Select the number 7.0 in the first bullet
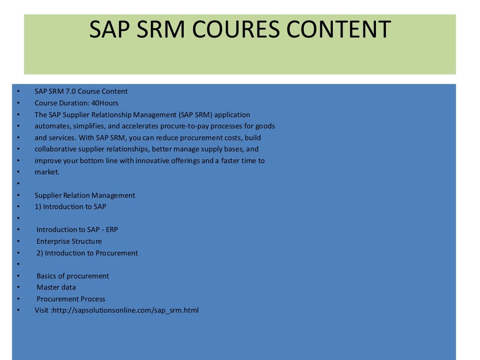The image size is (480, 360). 71,91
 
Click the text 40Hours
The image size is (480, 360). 105,103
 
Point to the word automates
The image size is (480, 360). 52,126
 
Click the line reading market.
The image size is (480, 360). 47,172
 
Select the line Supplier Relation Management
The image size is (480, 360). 85,195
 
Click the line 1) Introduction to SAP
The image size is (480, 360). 74,207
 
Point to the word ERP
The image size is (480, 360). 112,230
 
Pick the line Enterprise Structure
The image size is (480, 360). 69,241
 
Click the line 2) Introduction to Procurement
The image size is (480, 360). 87,253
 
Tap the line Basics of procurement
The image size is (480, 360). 73,276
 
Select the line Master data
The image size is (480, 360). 56,287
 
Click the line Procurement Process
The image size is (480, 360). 71,299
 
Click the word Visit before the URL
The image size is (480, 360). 41,310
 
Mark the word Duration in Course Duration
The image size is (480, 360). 72,103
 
